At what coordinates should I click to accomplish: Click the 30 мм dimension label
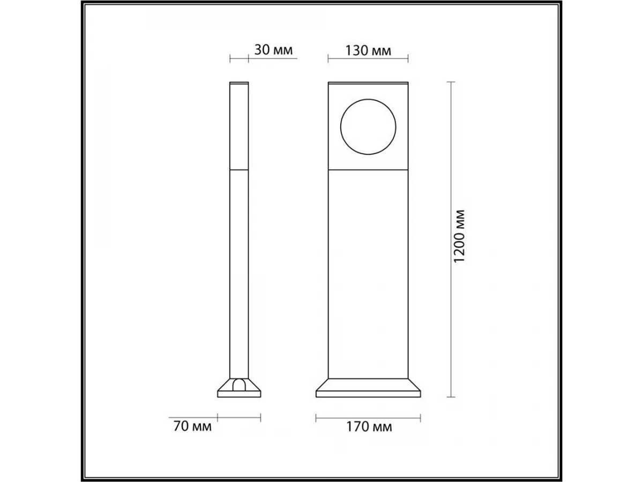click(273, 50)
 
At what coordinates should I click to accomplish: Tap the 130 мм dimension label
click(368, 51)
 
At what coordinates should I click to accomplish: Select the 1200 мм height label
click(459, 236)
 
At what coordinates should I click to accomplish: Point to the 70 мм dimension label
click(192, 426)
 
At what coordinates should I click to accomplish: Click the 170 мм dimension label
click(369, 427)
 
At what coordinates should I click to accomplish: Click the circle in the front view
click(340, 127)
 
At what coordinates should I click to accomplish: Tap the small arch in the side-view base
click(240, 379)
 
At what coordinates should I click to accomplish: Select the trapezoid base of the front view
click(368, 388)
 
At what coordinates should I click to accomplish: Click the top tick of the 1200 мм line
click(451, 82)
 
